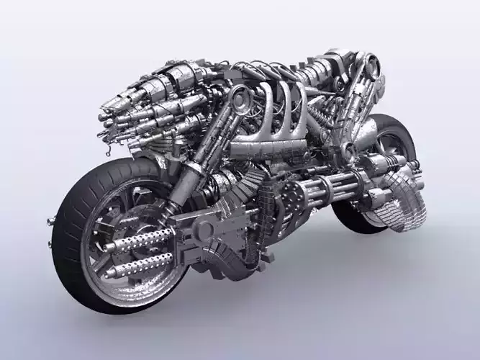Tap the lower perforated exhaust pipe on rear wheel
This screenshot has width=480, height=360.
coord(140,264)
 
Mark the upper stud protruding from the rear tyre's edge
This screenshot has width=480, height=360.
coord(50,219)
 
